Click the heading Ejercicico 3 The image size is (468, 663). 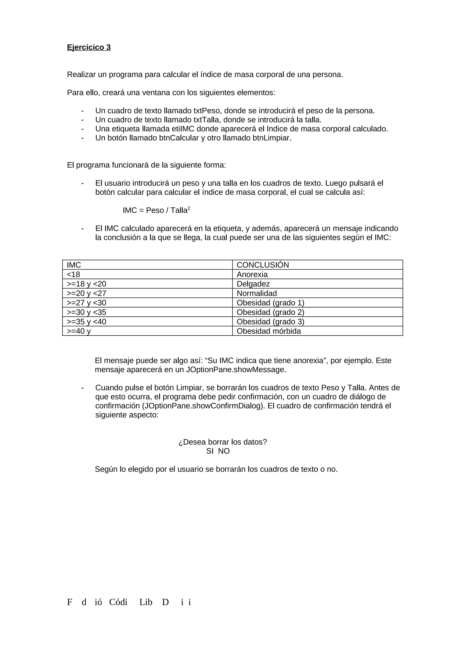click(x=89, y=47)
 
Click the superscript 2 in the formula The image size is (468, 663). click(x=189, y=208)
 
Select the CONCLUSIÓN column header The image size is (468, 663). click(x=263, y=265)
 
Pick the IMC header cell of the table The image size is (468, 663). click(x=74, y=265)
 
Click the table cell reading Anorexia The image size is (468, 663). click(x=252, y=274)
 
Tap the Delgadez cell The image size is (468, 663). click(x=253, y=284)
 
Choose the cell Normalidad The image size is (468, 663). click(x=257, y=293)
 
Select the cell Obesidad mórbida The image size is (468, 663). click(x=269, y=331)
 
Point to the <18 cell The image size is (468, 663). click(x=74, y=274)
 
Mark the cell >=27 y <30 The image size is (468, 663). click(x=87, y=303)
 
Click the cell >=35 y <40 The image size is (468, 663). click(x=87, y=322)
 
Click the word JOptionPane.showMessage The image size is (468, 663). click(x=235, y=370)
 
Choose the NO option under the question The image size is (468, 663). click(x=224, y=451)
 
